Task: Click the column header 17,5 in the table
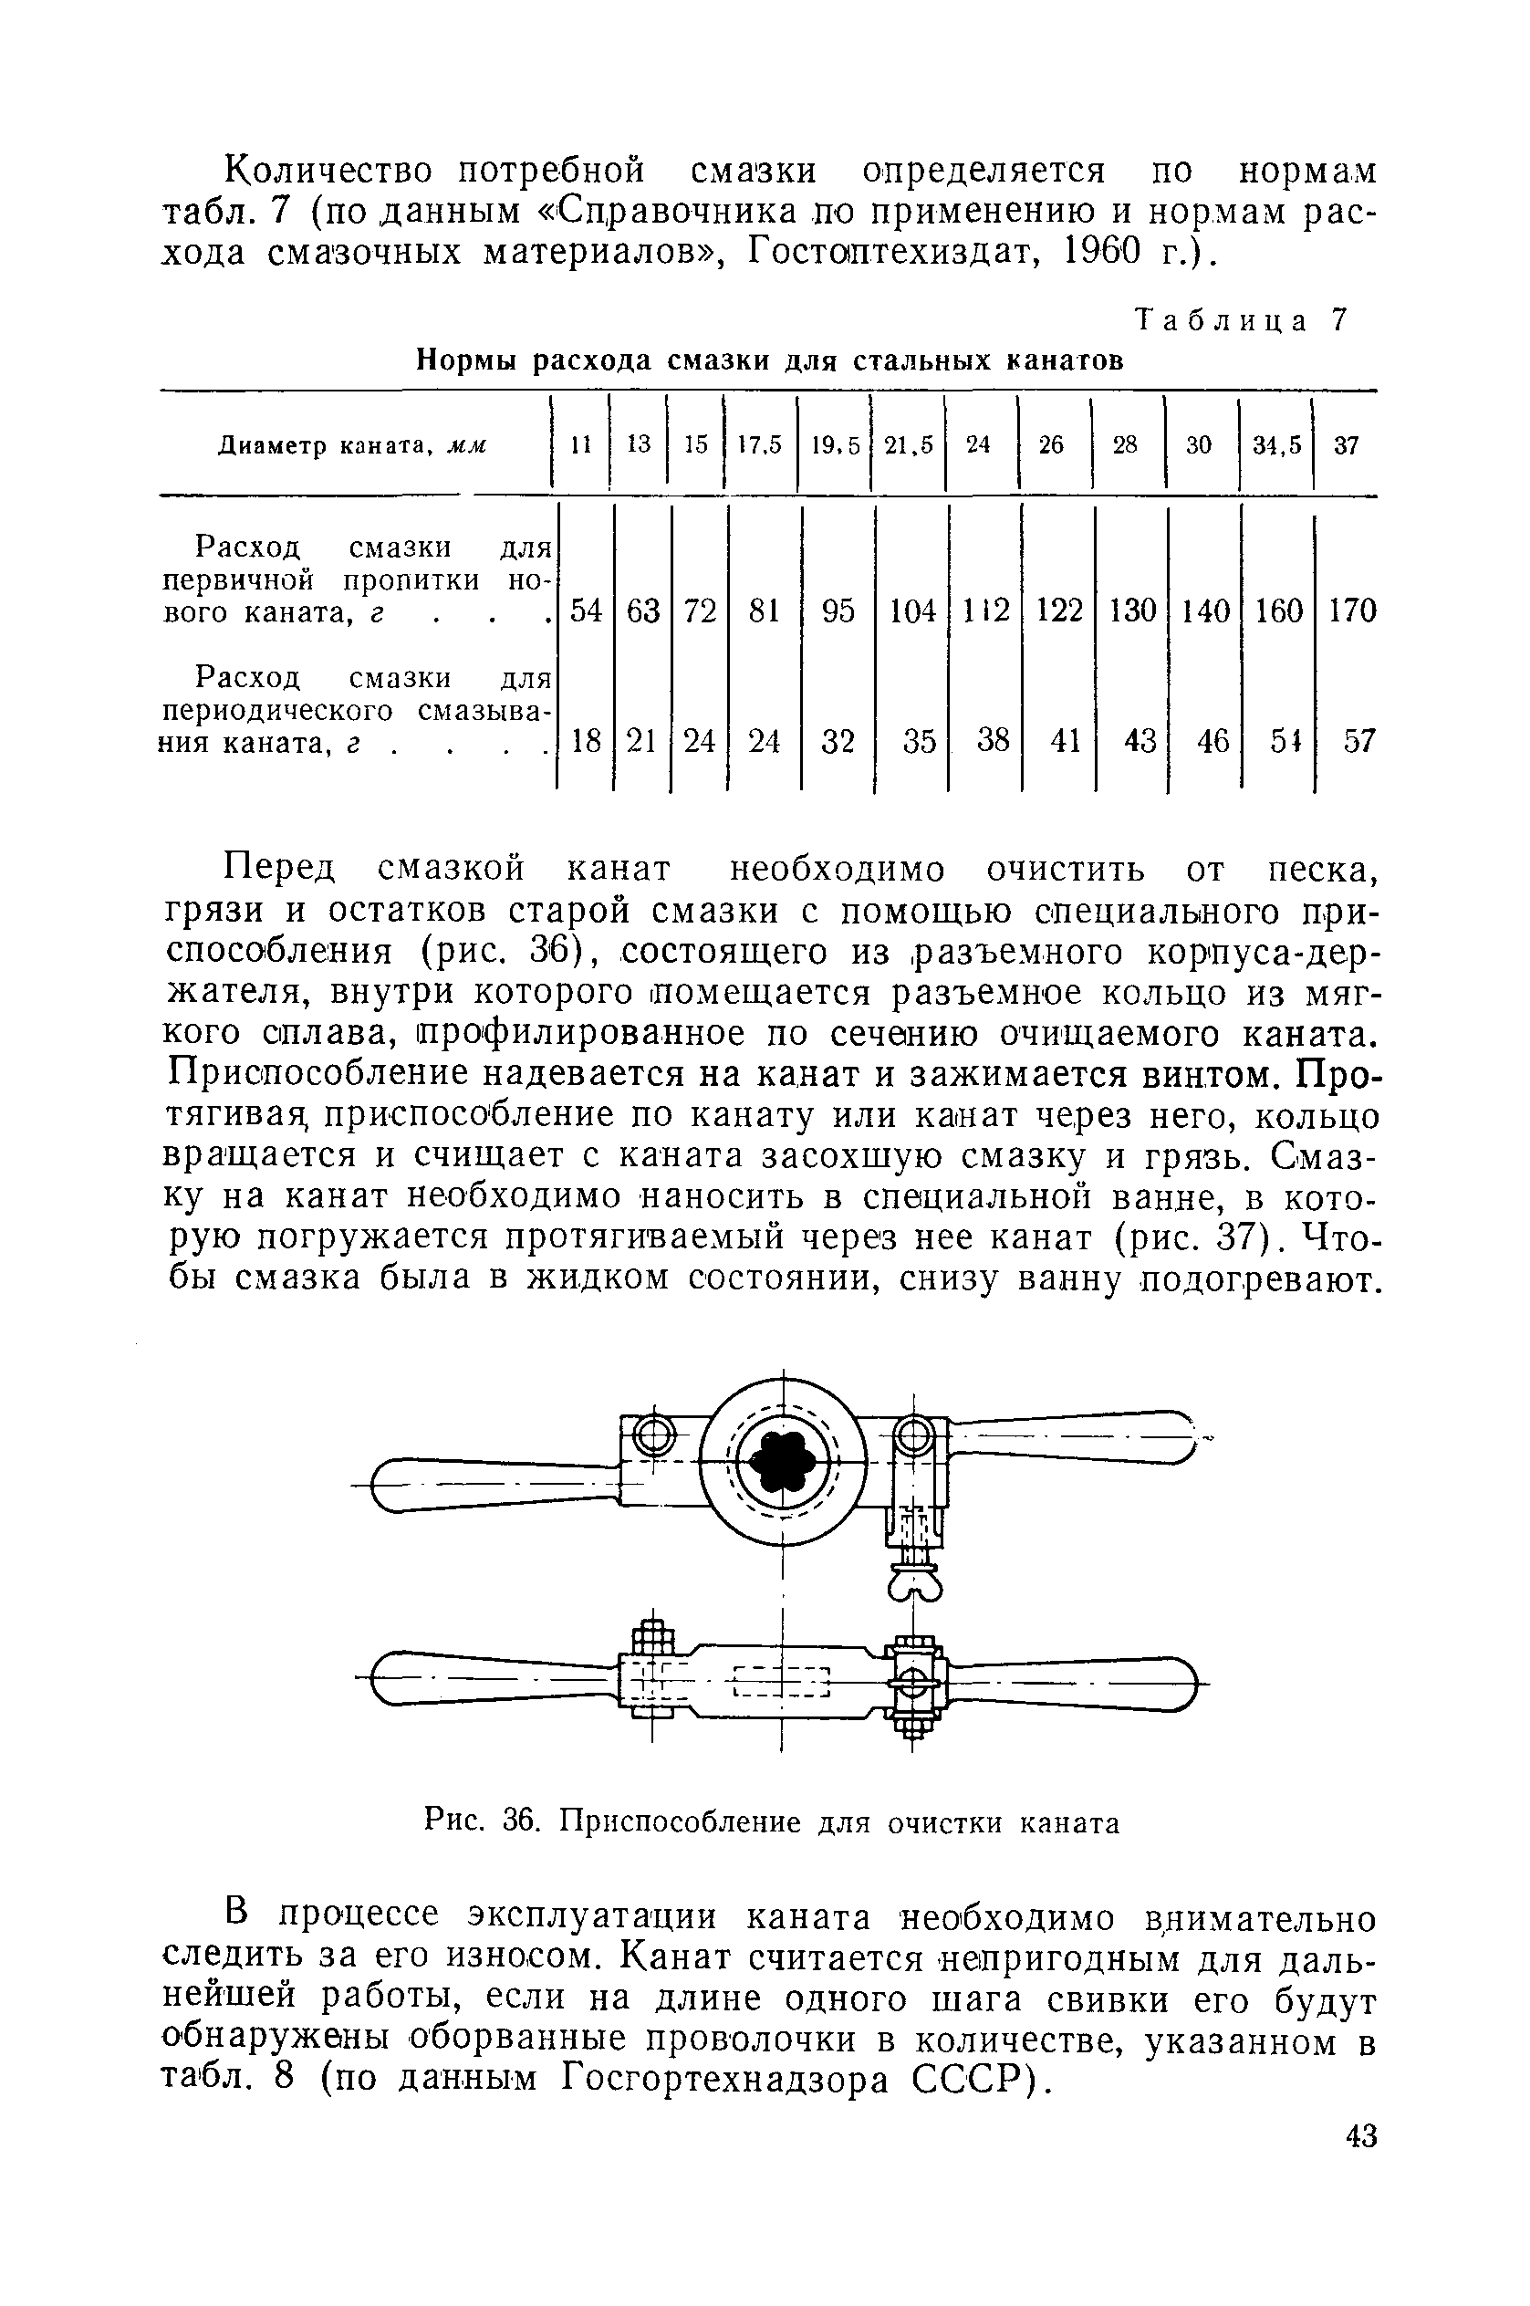(x=760, y=445)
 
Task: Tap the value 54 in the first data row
(x=586, y=610)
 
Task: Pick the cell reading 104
(x=912, y=610)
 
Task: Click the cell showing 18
(x=586, y=742)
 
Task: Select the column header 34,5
(x=1277, y=445)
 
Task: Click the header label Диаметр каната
(x=351, y=446)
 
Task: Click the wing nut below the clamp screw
(x=914, y=1589)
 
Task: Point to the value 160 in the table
(x=1278, y=610)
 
